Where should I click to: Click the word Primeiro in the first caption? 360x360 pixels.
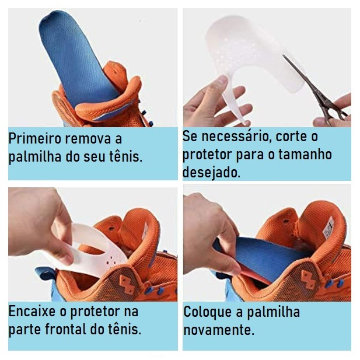[36, 139]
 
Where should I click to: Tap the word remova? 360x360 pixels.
[88, 139]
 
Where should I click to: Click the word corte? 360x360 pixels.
[291, 137]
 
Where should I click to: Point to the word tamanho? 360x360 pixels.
[305, 154]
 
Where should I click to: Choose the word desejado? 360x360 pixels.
[211, 172]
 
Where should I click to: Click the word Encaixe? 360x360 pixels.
[32, 312]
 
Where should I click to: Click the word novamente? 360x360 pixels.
[219, 330]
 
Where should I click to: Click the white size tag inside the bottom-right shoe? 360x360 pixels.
[328, 228]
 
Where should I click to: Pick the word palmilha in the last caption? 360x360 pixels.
[273, 312]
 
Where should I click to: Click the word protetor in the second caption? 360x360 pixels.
[207, 155]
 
